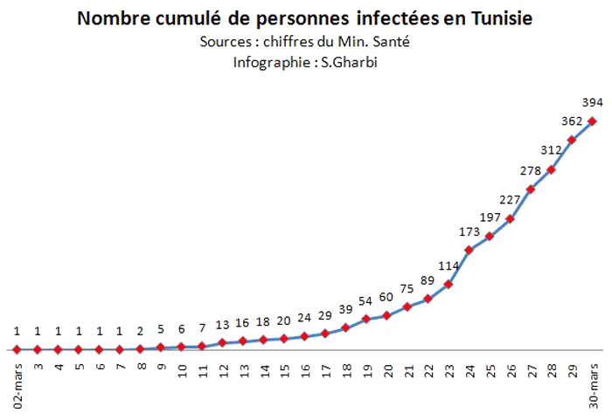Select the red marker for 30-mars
(592, 120)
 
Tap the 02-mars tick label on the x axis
(17, 383)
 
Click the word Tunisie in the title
(497, 18)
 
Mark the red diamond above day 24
(469, 250)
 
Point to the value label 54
(365, 300)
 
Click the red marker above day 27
(530, 189)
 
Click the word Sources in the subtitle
(224, 41)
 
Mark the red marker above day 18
(345, 327)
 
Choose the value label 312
(551, 149)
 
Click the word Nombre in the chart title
(111, 18)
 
